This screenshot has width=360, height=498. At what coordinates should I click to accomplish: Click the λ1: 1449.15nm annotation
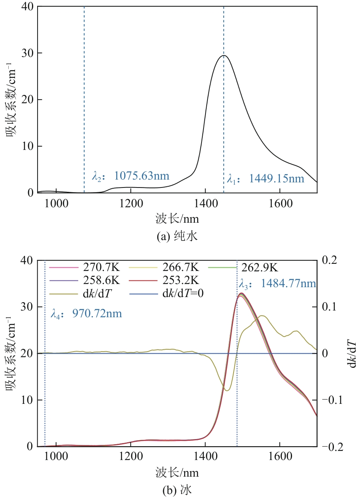(265, 179)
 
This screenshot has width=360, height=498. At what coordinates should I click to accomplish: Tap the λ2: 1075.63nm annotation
(130, 176)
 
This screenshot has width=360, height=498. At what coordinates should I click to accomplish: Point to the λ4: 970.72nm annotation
(86, 314)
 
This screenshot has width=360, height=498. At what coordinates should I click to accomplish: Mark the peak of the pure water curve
(224, 55)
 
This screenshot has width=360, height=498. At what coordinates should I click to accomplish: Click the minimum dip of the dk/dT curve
(226, 390)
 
